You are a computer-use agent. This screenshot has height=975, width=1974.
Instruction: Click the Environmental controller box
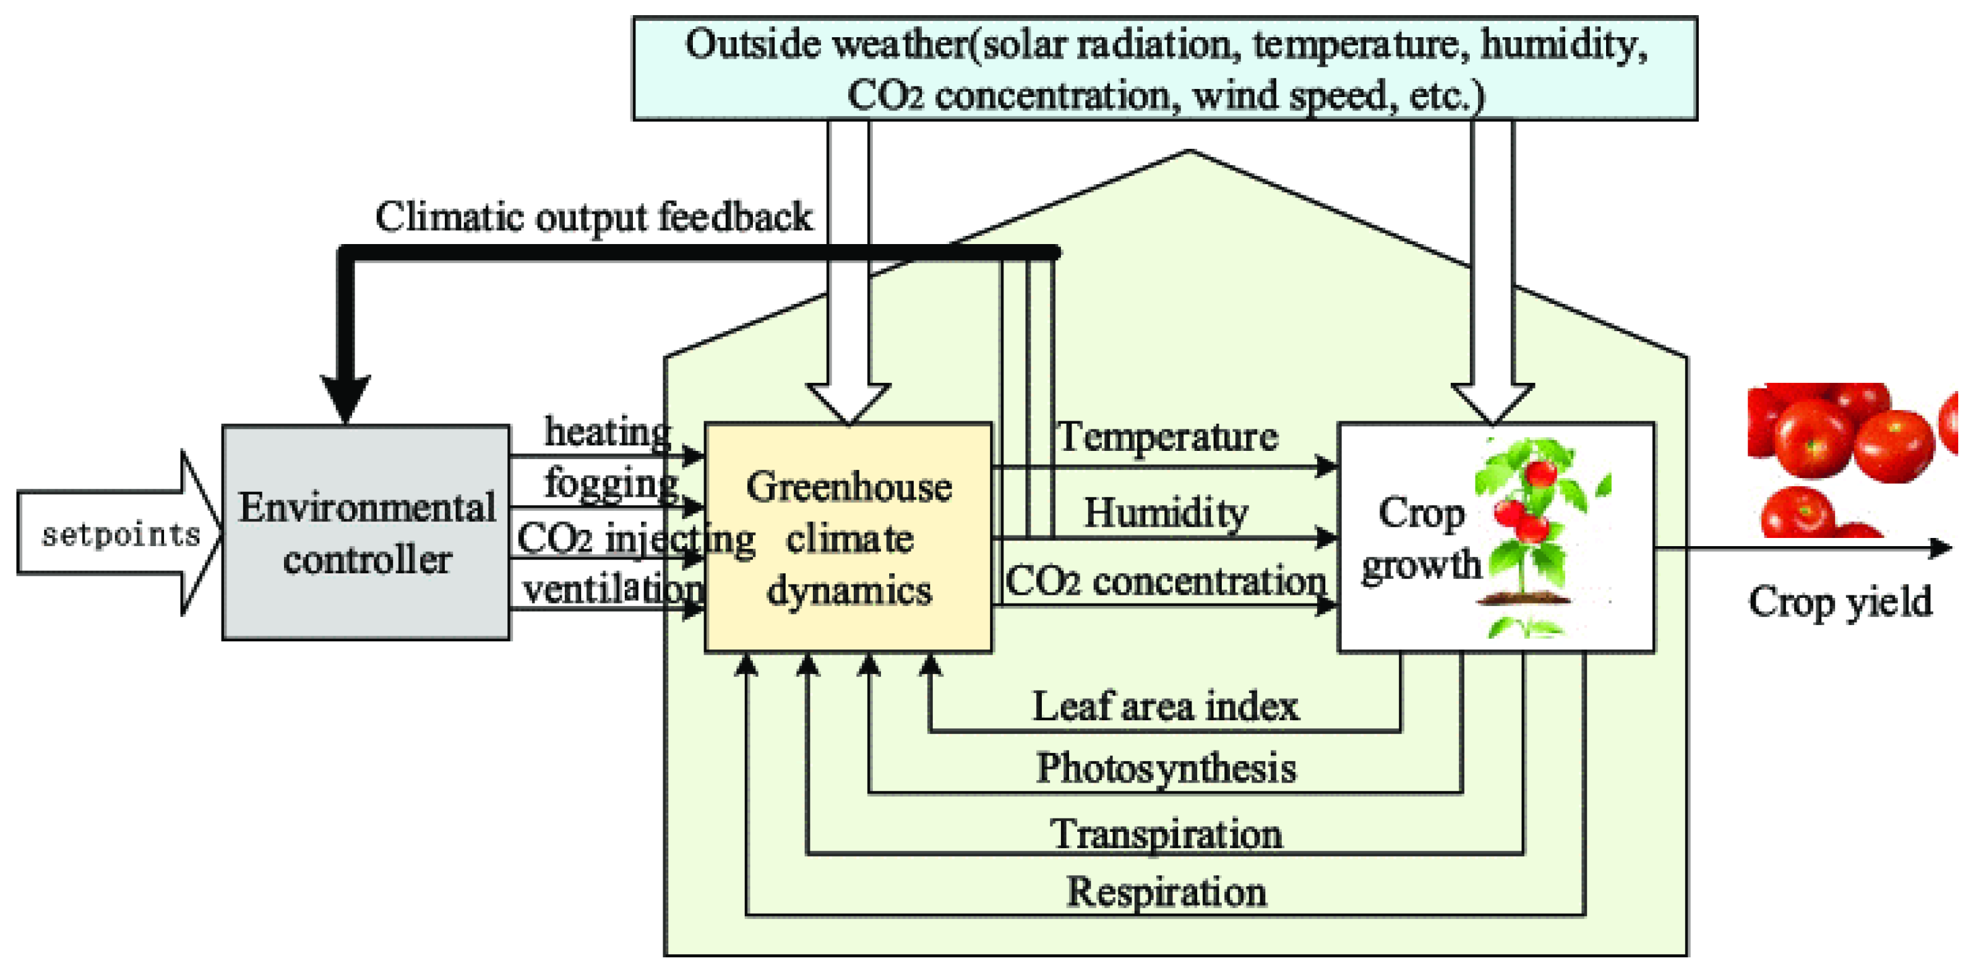(x=365, y=533)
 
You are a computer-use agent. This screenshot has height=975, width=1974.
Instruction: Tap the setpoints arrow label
(x=121, y=534)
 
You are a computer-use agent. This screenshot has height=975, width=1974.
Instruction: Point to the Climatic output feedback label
(x=593, y=217)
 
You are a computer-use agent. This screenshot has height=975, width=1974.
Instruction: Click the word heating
(x=608, y=431)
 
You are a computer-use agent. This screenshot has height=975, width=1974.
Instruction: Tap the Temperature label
(x=1167, y=436)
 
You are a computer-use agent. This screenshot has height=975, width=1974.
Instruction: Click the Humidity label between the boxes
(x=1166, y=511)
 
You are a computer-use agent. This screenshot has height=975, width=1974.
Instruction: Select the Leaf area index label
(x=1166, y=706)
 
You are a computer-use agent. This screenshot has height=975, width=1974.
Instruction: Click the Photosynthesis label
(x=1166, y=768)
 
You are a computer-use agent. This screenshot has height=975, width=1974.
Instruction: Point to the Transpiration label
(x=1166, y=833)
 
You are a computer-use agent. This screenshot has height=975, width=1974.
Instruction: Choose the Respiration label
(x=1166, y=892)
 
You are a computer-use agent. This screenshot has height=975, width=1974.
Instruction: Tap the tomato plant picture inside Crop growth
(x=1533, y=536)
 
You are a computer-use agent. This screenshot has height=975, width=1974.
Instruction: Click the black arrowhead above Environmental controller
(x=346, y=399)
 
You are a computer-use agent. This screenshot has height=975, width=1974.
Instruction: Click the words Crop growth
(x=1421, y=539)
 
